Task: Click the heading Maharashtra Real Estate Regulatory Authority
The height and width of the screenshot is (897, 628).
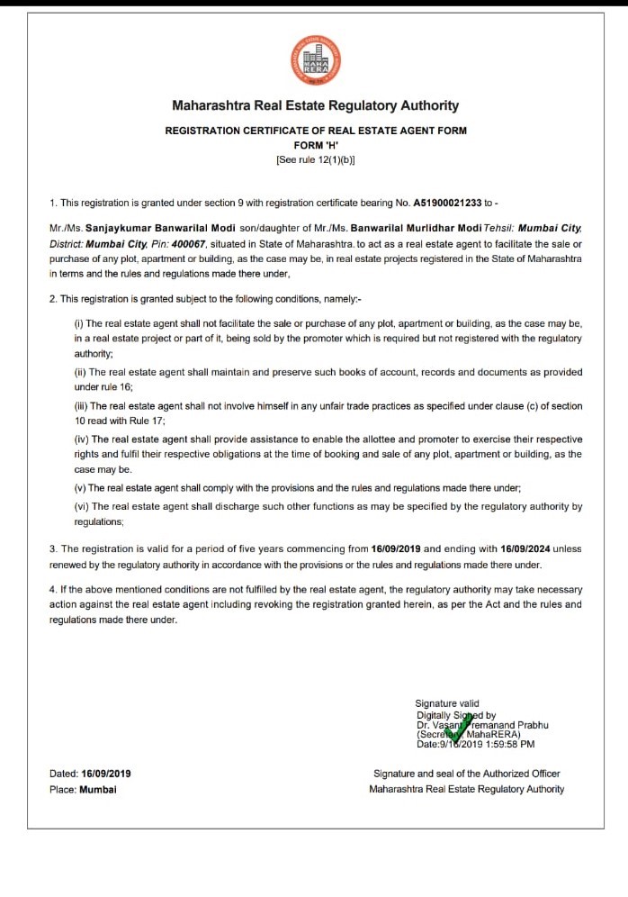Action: pos(315,105)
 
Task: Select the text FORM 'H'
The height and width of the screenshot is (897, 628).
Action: pos(315,145)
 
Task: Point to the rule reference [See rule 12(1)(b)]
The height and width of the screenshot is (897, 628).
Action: pos(315,159)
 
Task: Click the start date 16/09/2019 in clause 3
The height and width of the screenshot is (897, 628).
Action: pos(396,548)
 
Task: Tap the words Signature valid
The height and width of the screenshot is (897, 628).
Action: pos(447,703)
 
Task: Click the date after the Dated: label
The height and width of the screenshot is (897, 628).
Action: pos(106,774)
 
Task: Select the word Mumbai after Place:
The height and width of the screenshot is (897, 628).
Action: pos(98,790)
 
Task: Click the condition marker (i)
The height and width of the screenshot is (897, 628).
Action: pos(79,322)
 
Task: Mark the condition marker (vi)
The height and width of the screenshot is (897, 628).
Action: pos(81,507)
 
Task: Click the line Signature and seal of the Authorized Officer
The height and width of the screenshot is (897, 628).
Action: pos(466,774)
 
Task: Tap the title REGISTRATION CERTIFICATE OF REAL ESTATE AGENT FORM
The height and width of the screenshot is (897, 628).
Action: pos(315,131)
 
